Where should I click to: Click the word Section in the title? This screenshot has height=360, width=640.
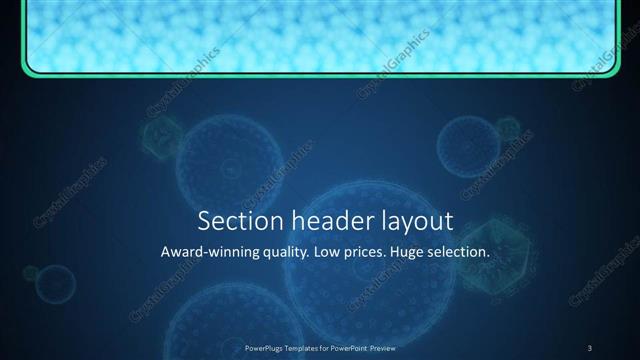pos(233,221)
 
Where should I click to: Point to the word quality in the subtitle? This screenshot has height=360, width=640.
pos(282,253)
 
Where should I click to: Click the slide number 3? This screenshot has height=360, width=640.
pos(590,347)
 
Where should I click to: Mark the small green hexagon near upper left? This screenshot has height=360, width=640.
pos(163,135)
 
